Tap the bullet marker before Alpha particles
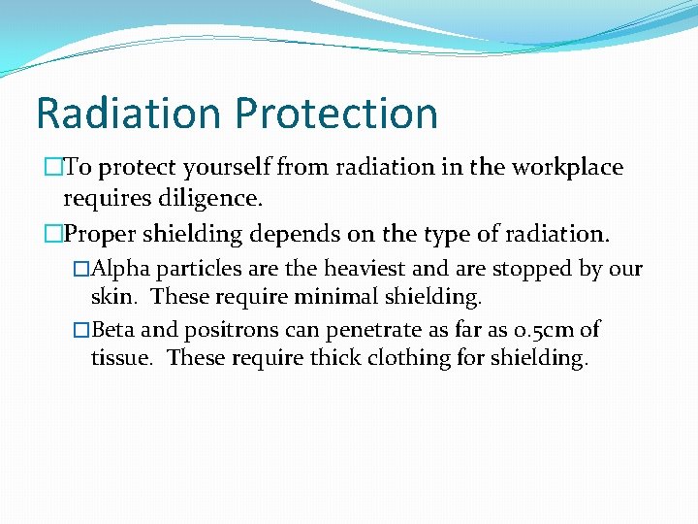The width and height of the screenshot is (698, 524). (81, 269)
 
